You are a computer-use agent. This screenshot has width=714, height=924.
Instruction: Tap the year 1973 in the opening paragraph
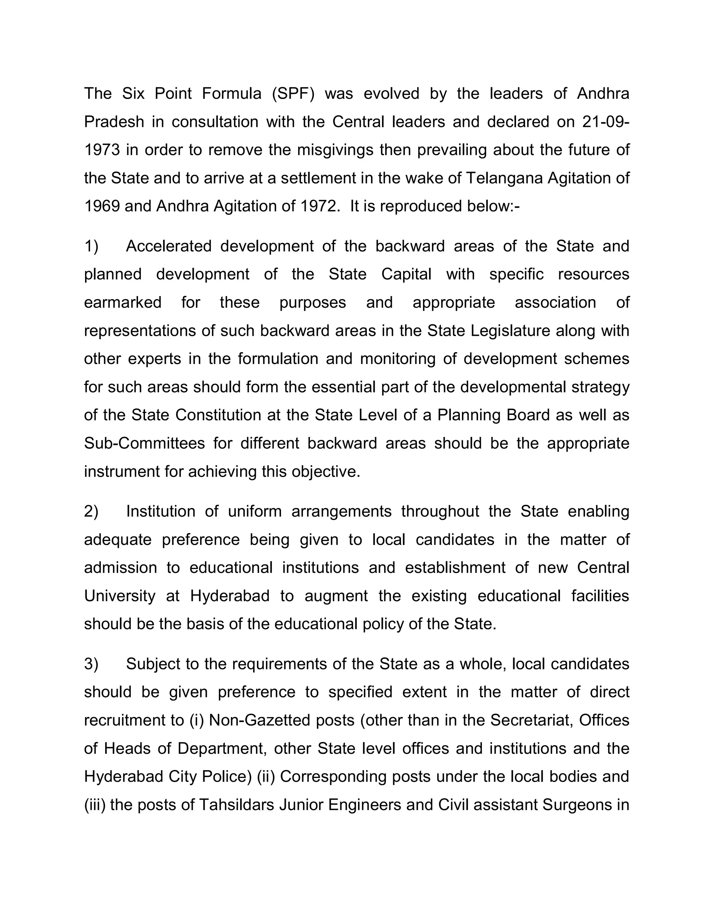point(102,150)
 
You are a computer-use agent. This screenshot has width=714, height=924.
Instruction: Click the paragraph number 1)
point(91,246)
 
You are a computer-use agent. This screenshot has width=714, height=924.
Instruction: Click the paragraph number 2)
point(91,512)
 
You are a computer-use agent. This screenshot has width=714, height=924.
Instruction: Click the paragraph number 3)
point(91,664)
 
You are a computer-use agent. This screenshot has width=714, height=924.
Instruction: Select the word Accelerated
point(169,246)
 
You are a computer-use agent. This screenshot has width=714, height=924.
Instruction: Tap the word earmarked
point(123,303)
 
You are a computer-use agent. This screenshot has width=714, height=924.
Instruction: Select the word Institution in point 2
point(161,512)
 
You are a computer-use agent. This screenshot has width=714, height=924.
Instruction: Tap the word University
point(120,596)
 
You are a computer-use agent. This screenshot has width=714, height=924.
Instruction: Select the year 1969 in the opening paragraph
point(102,206)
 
